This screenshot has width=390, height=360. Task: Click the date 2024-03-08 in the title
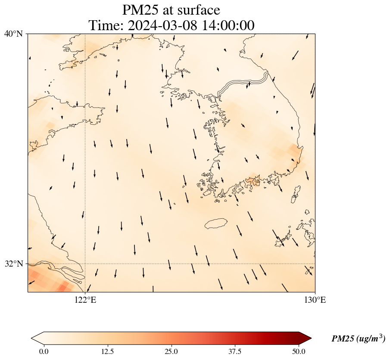pos(165,25)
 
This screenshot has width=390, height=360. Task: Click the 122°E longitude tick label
pos(85,300)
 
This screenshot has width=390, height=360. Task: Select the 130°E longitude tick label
pos(315,300)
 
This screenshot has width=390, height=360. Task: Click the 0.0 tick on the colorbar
pos(44,351)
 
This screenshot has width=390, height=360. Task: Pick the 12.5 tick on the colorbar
pos(107,351)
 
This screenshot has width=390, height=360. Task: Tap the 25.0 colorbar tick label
pos(171,351)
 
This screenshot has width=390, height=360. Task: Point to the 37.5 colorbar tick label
pos(235,351)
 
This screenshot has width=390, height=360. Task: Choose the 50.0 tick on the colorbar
pos(299,351)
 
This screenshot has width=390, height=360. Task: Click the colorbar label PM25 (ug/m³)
pos(358,339)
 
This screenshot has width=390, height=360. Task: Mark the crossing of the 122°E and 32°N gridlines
pos(85,264)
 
